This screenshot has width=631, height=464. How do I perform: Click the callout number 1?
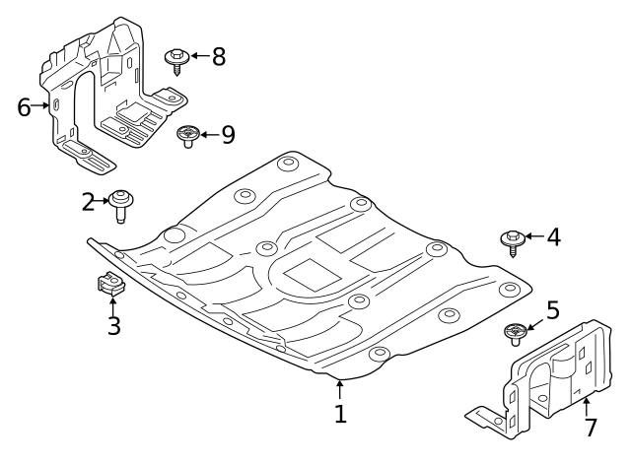[x=340, y=415]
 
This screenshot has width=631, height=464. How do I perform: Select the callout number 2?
[x=88, y=202]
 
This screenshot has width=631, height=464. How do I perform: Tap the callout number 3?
[x=113, y=325]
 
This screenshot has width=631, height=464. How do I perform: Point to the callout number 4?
[x=553, y=236]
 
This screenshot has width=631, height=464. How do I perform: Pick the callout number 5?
[x=552, y=311]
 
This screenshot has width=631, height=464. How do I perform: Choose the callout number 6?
[x=25, y=106]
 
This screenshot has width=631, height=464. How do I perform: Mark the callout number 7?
[x=590, y=428]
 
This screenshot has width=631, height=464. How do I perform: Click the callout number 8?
[x=218, y=56]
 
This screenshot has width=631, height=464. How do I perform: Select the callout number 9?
[x=228, y=134]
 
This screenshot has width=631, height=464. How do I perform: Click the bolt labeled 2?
[x=121, y=205]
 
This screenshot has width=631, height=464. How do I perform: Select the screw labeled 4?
[x=512, y=239]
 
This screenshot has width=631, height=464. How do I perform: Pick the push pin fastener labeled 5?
[x=515, y=333]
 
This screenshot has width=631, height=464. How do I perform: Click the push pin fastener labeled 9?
[x=187, y=135]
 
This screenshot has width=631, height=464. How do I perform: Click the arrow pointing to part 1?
[x=340, y=389]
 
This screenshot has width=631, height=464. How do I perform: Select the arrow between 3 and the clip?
[x=112, y=303]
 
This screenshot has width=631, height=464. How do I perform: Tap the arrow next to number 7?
[x=587, y=405]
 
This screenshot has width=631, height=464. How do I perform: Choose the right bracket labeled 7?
[x=547, y=379]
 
